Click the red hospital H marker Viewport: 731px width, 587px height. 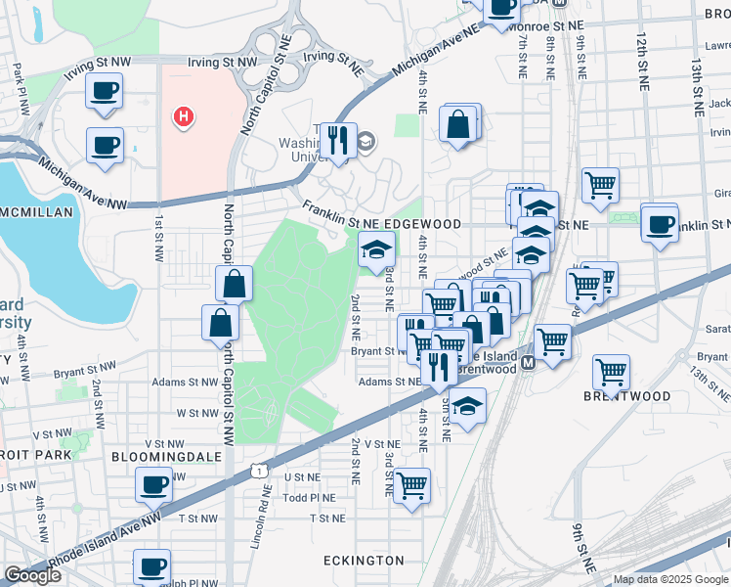coord(182,118)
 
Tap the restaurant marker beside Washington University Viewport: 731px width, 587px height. coord(339,140)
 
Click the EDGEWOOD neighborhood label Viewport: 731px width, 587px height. coord(421,224)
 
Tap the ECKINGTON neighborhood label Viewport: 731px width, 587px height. coord(364,561)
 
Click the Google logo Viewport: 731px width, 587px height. coord(32,575)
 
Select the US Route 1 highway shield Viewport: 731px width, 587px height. coord(259,472)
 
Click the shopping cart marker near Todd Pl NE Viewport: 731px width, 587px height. coord(412,483)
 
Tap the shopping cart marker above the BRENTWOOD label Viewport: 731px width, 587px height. coord(611,371)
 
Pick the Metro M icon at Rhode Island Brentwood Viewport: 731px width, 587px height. coord(528,363)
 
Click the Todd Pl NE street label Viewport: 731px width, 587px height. coord(309,497)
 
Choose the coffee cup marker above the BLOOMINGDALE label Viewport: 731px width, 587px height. coord(153,483)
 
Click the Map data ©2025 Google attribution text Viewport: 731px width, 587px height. coord(670,579)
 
